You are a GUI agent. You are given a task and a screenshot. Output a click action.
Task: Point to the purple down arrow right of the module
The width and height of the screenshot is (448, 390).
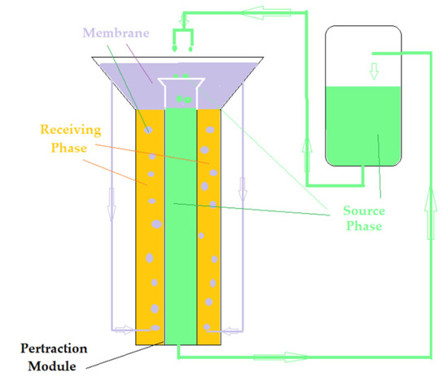point(241,193)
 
